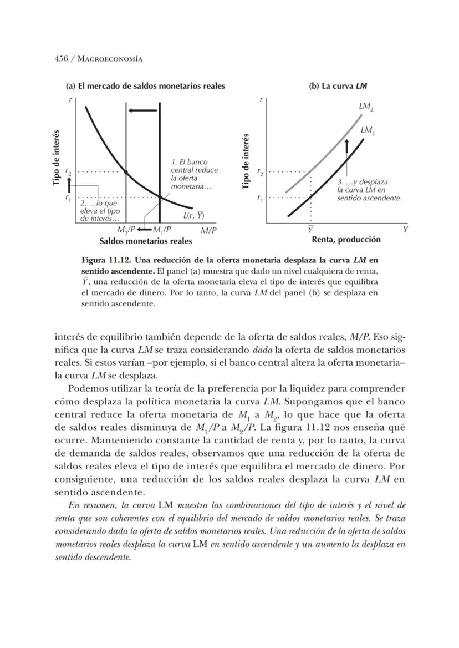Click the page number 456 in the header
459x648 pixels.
[61, 59]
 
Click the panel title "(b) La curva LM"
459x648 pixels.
[338, 87]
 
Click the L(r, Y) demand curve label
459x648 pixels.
[193, 216]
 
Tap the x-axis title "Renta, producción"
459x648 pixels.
[346, 240]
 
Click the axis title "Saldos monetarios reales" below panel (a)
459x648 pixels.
[146, 241]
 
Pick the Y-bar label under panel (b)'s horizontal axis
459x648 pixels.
[310, 228]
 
